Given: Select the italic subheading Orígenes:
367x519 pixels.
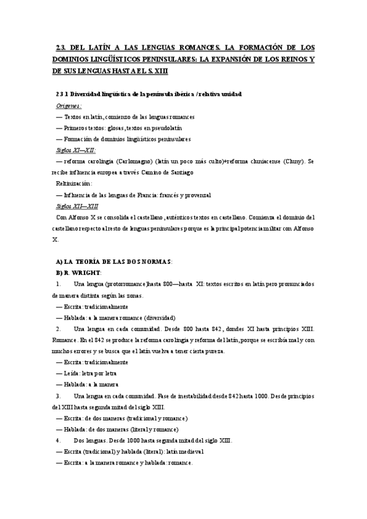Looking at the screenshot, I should click(x=69, y=105).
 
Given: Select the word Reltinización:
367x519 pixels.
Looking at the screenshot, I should click(x=74, y=184).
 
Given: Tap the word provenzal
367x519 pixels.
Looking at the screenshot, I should click(x=196, y=195).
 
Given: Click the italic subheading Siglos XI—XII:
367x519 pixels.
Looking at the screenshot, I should click(x=76, y=150).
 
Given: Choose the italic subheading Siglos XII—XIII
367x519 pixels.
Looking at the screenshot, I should click(x=77, y=206).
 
